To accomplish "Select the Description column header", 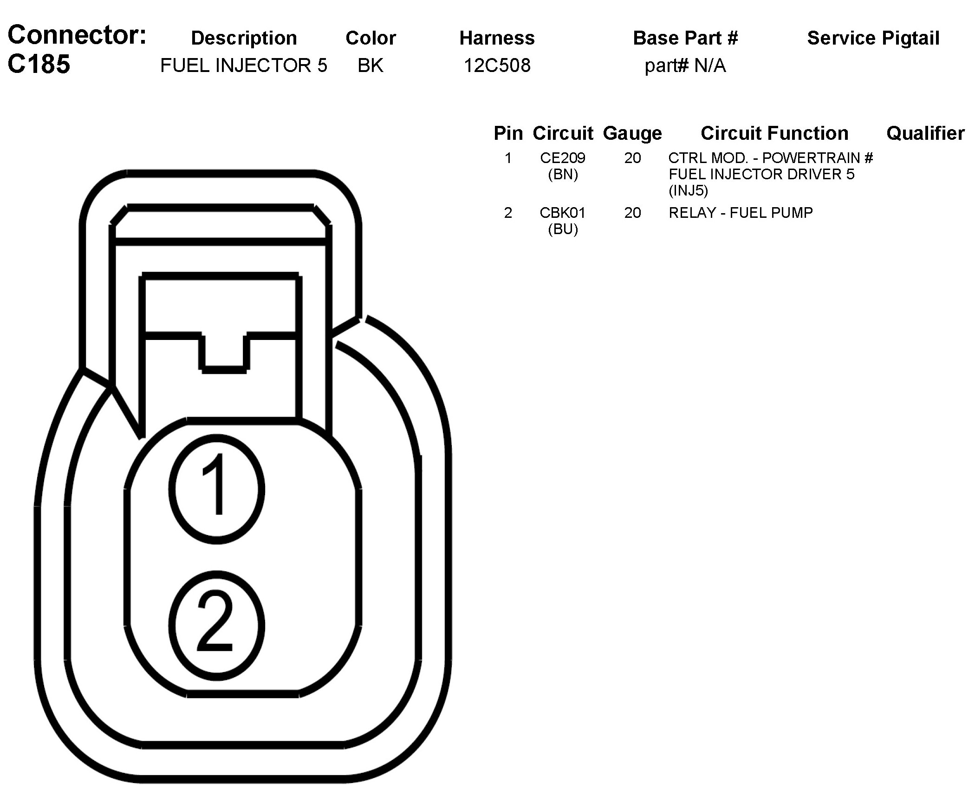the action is tap(244, 38).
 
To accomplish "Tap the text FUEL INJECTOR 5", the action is tap(244, 65).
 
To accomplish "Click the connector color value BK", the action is tap(370, 65).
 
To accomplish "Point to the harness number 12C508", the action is tap(497, 65).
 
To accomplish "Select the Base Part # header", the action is tap(685, 38).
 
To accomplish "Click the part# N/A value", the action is tap(685, 65).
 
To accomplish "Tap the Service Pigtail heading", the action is tap(873, 38).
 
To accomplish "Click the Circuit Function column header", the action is tap(774, 133).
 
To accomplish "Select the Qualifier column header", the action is tap(925, 133).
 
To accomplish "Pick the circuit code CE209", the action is tap(563, 158).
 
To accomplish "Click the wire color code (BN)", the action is tap(563, 175).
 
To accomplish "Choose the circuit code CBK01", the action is tap(563, 213).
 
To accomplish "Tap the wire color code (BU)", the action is tap(563, 229).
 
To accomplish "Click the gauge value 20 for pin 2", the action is tap(632, 213).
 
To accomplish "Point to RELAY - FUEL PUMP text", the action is tap(741, 213).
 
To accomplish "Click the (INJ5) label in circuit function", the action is tap(688, 190).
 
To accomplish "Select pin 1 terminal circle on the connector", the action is tap(217, 489).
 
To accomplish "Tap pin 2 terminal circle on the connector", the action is tap(217, 625).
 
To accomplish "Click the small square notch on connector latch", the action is tap(224, 352).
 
